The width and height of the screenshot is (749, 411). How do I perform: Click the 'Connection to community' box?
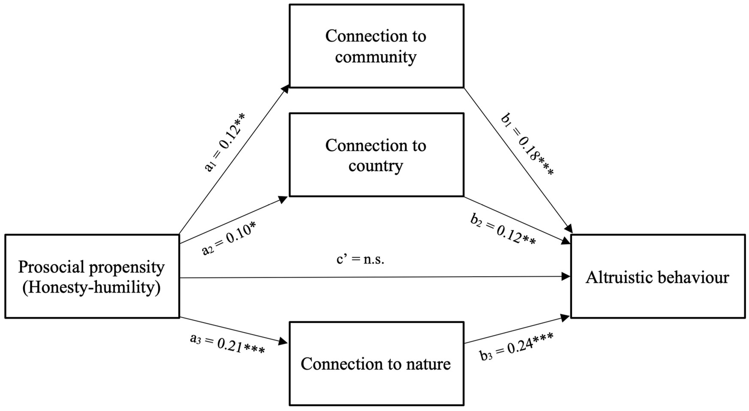click(376, 46)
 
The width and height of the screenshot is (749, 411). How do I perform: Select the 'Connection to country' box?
click(376, 155)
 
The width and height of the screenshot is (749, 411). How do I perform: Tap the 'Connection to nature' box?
click(376, 363)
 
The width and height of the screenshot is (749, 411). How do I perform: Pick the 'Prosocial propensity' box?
click(92, 276)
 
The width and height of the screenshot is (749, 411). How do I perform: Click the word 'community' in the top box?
click(376, 57)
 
